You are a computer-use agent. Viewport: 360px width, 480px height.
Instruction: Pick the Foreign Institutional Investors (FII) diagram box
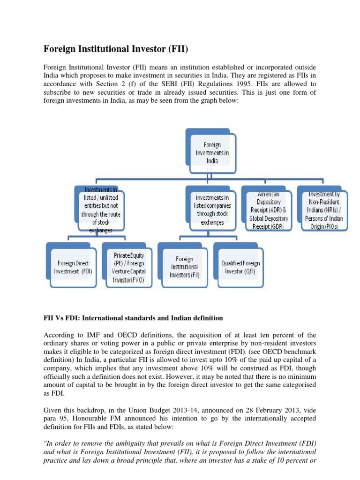point(185,267)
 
